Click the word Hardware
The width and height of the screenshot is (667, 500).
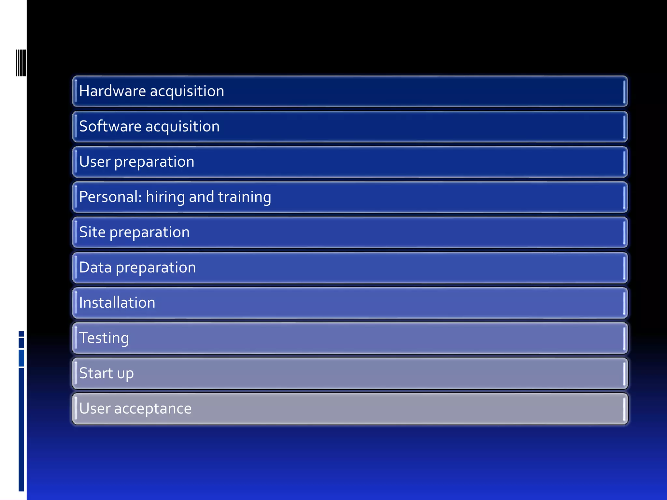tap(112, 91)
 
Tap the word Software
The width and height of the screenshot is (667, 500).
tap(110, 126)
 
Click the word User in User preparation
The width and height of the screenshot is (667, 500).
tap(95, 162)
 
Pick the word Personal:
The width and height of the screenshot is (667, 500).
tap(110, 197)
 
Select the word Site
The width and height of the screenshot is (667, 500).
tap(92, 232)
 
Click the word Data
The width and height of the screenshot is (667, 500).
tap(95, 268)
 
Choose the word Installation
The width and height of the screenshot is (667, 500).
tap(117, 303)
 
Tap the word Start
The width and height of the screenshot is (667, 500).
tap(96, 373)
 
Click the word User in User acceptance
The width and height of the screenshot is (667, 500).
tap(95, 409)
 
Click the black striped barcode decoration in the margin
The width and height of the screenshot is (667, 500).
tap(21, 63)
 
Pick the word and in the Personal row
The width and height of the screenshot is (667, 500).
tap(201, 197)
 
